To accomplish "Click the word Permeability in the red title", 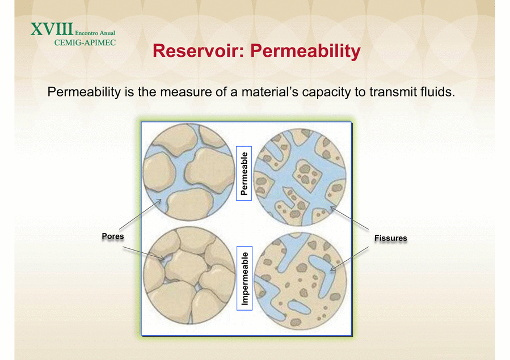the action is pyautogui.click(x=305, y=52).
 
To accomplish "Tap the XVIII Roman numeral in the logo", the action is pyautogui.click(x=52, y=29).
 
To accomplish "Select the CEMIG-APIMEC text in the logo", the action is pyautogui.click(x=85, y=43).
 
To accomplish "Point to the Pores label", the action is pyautogui.click(x=113, y=236).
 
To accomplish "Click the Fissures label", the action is pyautogui.click(x=391, y=238).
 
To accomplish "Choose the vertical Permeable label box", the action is pyautogui.click(x=244, y=173).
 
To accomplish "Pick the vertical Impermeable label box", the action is pyautogui.click(x=245, y=278).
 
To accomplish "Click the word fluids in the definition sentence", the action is pyautogui.click(x=438, y=92).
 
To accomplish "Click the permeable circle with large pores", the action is pyautogui.click(x=189, y=172).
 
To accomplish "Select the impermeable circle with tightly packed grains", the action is pyautogui.click(x=189, y=276).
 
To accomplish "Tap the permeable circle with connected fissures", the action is pyautogui.click(x=300, y=177).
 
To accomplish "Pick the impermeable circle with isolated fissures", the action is pyautogui.click(x=300, y=281).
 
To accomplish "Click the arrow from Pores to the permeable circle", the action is pyautogui.click(x=140, y=214).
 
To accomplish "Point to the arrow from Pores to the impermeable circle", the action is pyautogui.click(x=144, y=253).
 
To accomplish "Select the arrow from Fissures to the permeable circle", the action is pyautogui.click(x=349, y=218).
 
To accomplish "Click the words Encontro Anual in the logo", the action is pyautogui.click(x=95, y=33).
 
